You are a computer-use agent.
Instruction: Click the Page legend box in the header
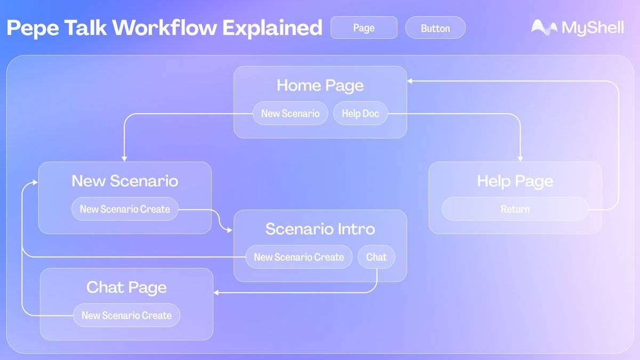(x=364, y=28)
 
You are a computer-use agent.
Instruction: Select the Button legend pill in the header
(x=435, y=28)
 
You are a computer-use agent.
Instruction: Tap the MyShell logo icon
(x=544, y=27)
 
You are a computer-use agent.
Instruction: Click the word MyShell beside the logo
(x=592, y=28)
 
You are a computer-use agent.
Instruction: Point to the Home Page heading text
(x=320, y=85)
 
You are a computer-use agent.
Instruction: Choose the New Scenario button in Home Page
(x=290, y=113)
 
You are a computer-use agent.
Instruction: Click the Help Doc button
(x=361, y=113)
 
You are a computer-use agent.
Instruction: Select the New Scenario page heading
(x=125, y=181)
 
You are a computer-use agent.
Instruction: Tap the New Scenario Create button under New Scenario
(x=125, y=209)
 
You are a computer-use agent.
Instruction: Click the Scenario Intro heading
(x=320, y=229)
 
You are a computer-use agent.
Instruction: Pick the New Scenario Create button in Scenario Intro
(x=299, y=257)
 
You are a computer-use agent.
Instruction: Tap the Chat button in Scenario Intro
(x=376, y=257)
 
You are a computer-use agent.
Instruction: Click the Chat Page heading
(x=126, y=287)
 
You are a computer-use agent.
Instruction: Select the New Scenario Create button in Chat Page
(x=126, y=315)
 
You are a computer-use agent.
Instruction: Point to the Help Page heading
(x=515, y=181)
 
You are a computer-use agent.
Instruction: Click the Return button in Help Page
(x=515, y=209)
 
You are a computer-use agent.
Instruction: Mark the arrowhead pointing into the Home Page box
(x=410, y=81)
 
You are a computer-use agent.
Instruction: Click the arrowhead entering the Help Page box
(x=521, y=158)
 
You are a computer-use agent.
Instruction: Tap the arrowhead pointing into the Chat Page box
(x=217, y=292)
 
